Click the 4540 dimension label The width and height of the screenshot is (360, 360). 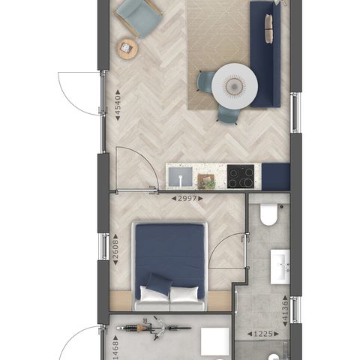[x=118, y=106]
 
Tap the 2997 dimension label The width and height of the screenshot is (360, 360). [x=187, y=199]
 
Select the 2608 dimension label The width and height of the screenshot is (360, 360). [x=115, y=249]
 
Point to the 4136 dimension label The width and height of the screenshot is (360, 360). [x=285, y=310]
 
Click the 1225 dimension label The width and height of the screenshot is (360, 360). [x=263, y=334]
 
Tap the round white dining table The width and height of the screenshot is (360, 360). [x=235, y=86]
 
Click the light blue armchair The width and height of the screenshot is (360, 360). [x=138, y=17]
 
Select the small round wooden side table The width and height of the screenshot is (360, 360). [x=127, y=49]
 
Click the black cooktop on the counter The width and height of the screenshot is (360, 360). [x=241, y=176]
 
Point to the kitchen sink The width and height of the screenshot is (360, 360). [x=180, y=177]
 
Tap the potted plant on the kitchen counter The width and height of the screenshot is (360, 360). [x=206, y=181]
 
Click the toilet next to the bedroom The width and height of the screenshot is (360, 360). [x=268, y=214]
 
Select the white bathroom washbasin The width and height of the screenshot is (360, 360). [x=280, y=266]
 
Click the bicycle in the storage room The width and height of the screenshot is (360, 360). [x=154, y=328]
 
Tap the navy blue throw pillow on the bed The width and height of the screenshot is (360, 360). [x=159, y=284]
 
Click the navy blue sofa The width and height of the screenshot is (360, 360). [x=265, y=54]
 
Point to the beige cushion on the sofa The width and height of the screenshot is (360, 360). [x=268, y=28]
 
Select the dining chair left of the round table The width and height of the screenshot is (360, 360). [x=205, y=82]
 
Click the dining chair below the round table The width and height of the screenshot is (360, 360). [x=228, y=115]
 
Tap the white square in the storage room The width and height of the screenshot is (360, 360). [x=215, y=341]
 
